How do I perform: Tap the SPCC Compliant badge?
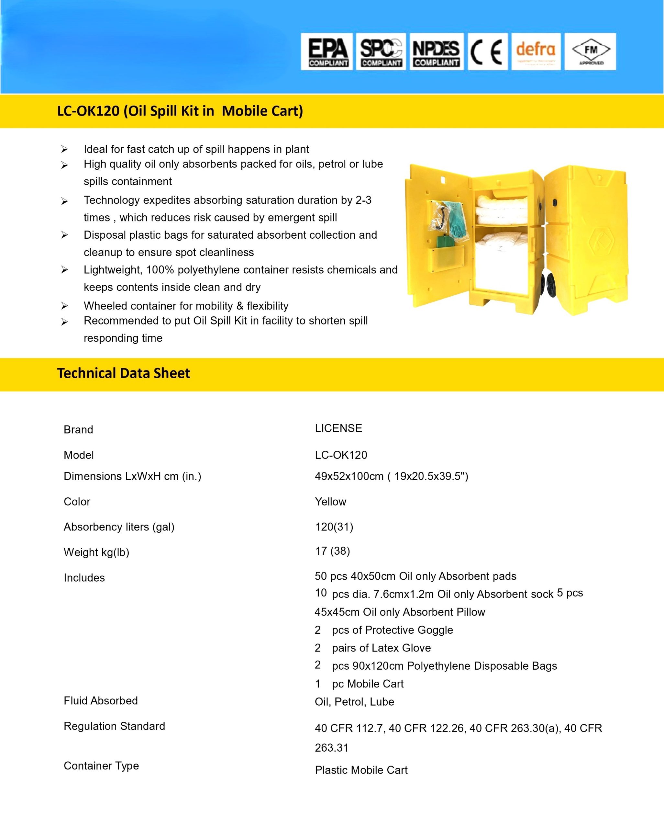tap(381, 51)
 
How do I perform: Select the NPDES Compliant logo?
tap(436, 51)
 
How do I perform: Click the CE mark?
tap(487, 51)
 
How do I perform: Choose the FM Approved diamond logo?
tap(591, 51)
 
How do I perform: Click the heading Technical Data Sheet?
tap(123, 373)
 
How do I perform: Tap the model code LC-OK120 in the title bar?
tap(88, 111)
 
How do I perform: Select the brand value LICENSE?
tap(338, 428)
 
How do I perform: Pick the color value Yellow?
tap(330, 502)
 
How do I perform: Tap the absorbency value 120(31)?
tap(334, 527)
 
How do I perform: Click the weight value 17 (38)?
tap(332, 551)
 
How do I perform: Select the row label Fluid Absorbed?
tap(101, 700)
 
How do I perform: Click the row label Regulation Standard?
tap(114, 726)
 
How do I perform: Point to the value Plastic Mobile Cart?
tap(361, 770)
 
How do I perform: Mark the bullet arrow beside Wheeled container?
tap(65, 306)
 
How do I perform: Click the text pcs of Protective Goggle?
tap(392, 630)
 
